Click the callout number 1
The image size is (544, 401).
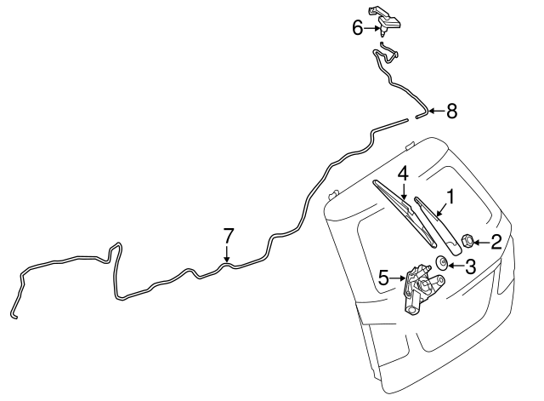tap(450, 197)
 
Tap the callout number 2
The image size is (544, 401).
tap(496, 242)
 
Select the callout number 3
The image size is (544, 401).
tap(470, 266)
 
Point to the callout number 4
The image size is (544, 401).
tap(403, 174)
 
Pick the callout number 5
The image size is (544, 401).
tap(384, 278)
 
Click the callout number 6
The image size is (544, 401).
tap(358, 28)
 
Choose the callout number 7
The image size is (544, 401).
tap(229, 236)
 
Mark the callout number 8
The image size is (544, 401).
tap(451, 112)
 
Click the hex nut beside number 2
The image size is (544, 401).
tap(467, 241)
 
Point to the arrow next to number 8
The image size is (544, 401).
tap(436, 112)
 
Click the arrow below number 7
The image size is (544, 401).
tap(227, 254)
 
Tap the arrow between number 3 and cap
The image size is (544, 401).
tap(456, 266)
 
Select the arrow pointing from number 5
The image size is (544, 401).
tap(398, 278)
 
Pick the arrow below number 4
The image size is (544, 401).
tap(404, 192)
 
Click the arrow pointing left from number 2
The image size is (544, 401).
tap(480, 242)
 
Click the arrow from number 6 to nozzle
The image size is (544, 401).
tap(372, 28)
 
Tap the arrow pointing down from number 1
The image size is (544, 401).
tap(442, 209)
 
